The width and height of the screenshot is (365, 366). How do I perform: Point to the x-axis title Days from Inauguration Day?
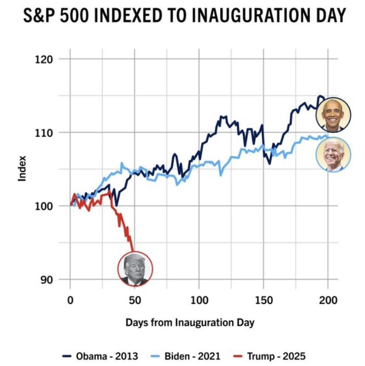190,322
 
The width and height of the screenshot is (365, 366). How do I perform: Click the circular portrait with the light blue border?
333,155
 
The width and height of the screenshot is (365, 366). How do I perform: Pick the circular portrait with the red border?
135,268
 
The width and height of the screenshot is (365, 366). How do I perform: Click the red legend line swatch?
238,356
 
